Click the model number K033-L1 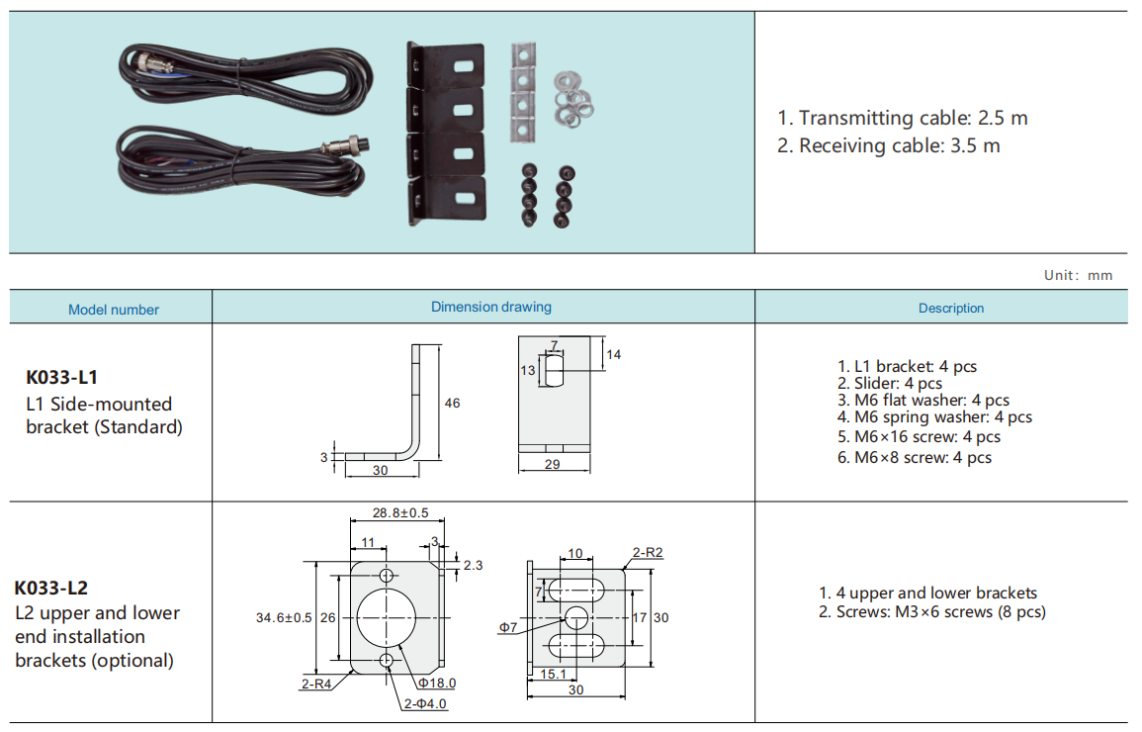[x=62, y=377]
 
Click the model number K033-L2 [x=51, y=588]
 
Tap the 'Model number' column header [x=114, y=310]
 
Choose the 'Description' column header [x=951, y=309]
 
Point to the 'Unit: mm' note [x=1078, y=275]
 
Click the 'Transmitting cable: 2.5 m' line [x=903, y=118]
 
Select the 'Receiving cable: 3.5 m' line [x=889, y=146]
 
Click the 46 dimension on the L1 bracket [x=452, y=403]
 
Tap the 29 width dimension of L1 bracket [x=553, y=464]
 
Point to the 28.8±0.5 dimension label [x=400, y=512]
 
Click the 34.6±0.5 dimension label [x=284, y=617]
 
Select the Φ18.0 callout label [x=436, y=683]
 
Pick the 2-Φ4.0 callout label [x=425, y=703]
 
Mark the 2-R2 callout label [x=648, y=552]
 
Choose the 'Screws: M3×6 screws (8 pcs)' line [x=931, y=612]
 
